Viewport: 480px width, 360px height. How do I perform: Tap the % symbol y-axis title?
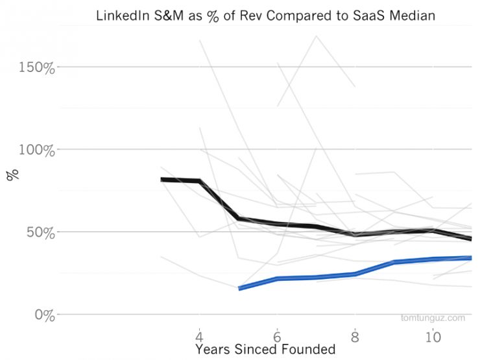pos(12,174)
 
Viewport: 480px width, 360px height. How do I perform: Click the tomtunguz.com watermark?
pos(433,318)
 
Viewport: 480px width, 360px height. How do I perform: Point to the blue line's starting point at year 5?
pos(239,288)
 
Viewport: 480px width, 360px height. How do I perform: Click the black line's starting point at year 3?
pos(162,180)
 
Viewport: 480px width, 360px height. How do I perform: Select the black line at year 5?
pos(239,219)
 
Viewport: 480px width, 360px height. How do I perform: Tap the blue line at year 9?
pos(394,262)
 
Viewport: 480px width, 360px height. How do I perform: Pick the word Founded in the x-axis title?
pos(310,350)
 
